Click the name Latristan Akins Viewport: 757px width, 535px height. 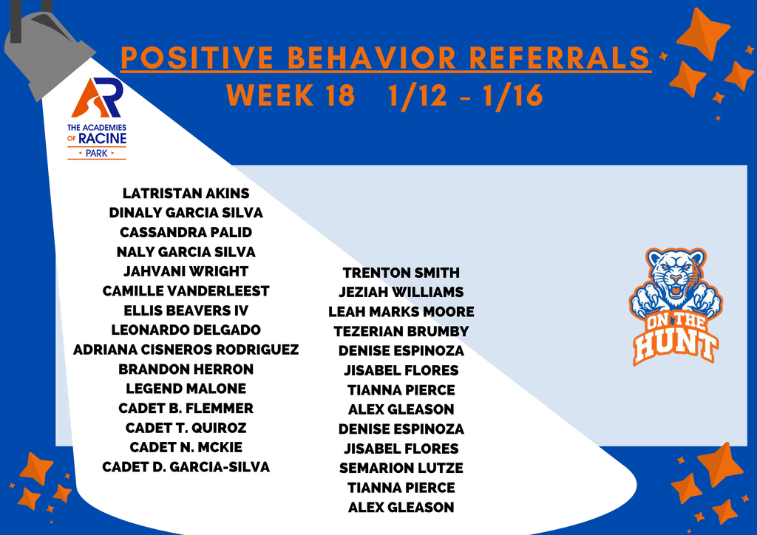186,194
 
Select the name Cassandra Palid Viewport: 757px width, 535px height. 186,232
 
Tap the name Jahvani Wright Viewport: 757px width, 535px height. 186,271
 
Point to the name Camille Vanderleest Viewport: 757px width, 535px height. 186,291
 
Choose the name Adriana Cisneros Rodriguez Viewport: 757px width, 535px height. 186,350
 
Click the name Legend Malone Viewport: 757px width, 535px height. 186,389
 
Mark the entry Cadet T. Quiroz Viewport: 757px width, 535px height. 186,428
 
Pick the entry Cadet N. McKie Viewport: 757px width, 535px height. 186,447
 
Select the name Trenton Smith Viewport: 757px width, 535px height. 401,273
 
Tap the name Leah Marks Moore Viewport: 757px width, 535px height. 401,312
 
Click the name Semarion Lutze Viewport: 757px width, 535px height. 401,468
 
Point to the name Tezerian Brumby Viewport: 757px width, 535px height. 401,331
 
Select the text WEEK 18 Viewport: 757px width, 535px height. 291,96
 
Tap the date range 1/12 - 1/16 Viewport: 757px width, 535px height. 466,96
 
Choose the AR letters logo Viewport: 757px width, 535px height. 97,98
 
